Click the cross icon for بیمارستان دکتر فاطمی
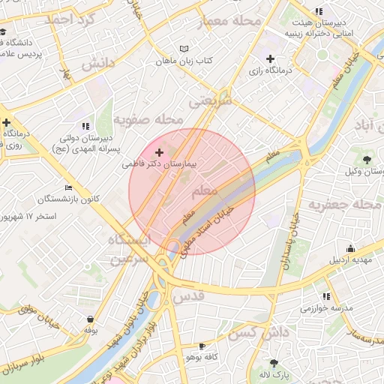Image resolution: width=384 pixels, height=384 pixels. click(158, 152)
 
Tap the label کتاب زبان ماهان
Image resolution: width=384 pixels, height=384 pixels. click(184, 60)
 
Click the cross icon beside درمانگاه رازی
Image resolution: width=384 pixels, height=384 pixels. click(270, 58)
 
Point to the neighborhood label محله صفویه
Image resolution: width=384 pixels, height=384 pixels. click(148, 120)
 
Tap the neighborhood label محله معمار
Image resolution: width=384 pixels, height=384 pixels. click(229, 21)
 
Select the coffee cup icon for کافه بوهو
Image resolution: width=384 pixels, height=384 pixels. click(202, 346)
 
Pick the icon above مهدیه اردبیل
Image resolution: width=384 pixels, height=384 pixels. click(350, 249)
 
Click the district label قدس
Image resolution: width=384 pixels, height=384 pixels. click(188, 296)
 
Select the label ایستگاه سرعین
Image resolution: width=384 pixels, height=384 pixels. click(129, 249)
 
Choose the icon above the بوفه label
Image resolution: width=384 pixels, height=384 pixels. click(90, 319)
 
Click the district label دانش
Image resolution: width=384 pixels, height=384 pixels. click(97, 64)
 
